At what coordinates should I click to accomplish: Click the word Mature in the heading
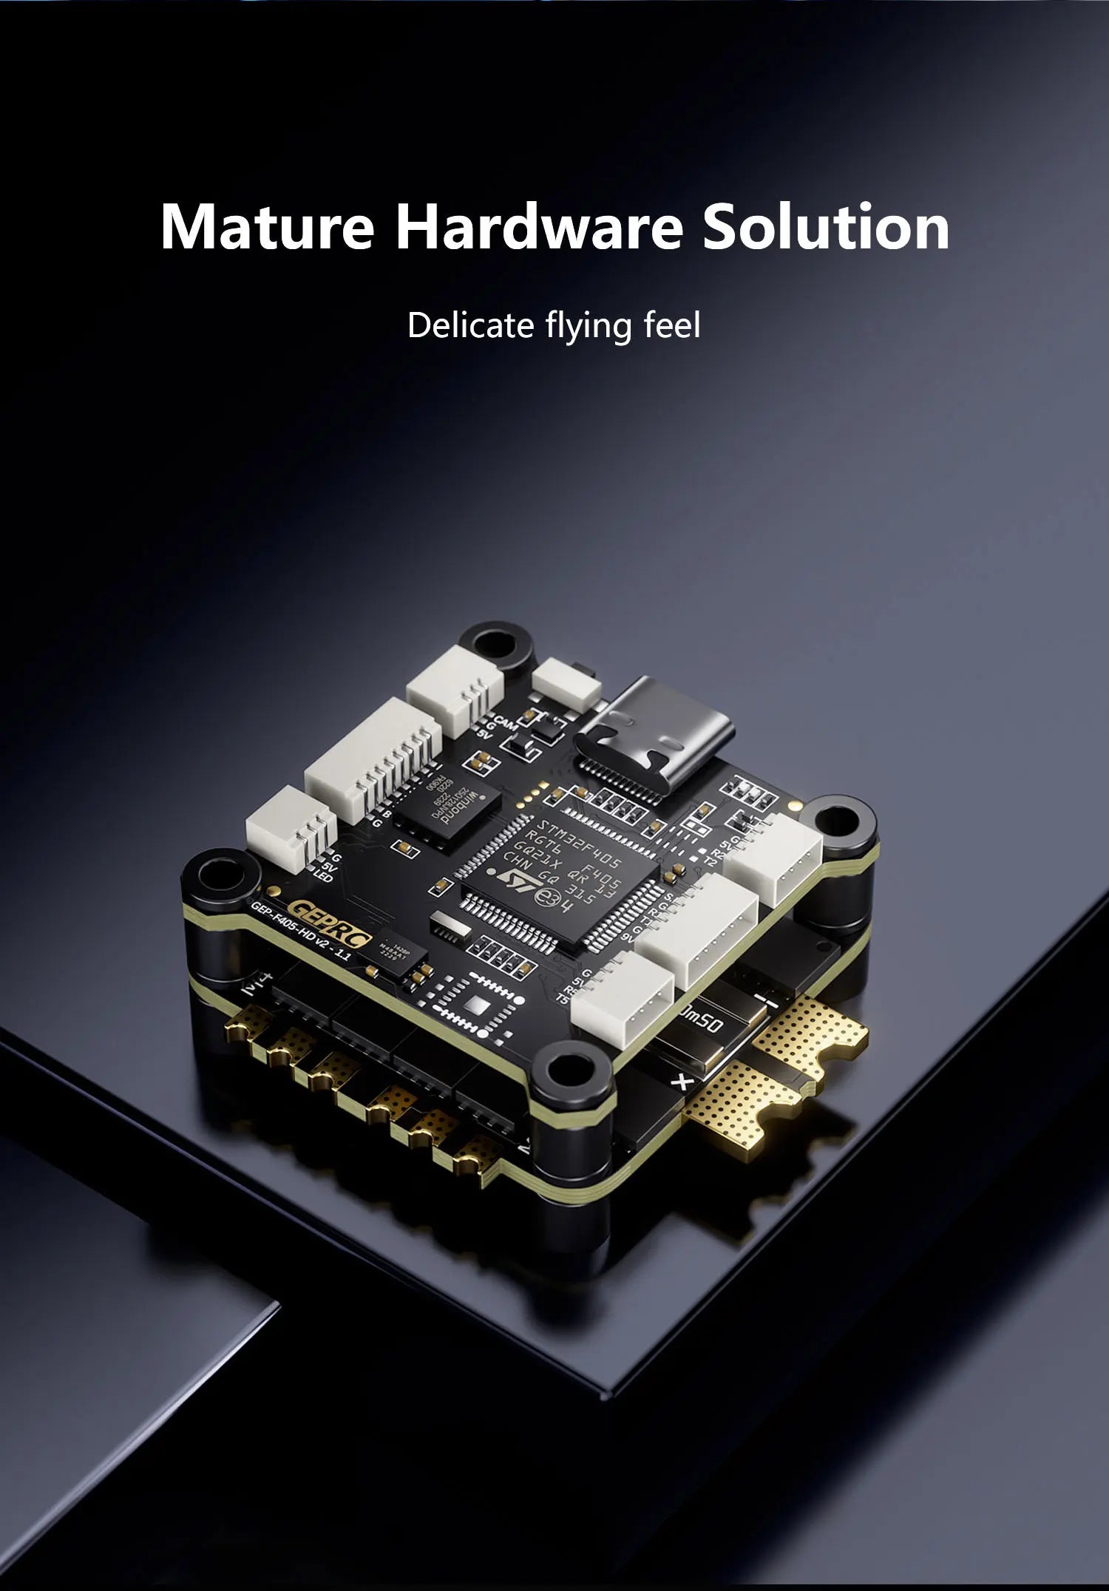(267, 227)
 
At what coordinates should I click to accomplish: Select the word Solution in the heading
(826, 227)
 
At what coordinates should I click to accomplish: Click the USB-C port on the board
(655, 732)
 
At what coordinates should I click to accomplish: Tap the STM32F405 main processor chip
(560, 878)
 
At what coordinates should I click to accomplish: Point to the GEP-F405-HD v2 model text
(301, 933)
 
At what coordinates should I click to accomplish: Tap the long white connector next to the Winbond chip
(373, 760)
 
